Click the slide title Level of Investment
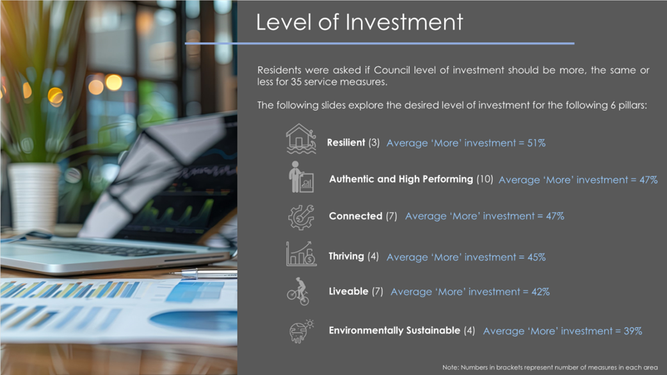tap(360, 22)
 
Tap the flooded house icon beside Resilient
tap(301, 139)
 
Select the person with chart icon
tap(301, 177)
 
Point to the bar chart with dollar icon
tap(301, 254)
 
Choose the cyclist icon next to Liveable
tap(298, 292)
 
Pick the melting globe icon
tap(301, 331)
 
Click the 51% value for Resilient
tap(536, 143)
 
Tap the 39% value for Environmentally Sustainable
tap(633, 331)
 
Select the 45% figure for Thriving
tap(536, 257)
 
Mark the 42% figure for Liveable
tap(541, 292)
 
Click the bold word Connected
tap(356, 216)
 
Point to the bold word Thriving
tap(346, 257)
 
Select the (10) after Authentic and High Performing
tap(485, 179)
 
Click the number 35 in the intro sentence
tap(296, 82)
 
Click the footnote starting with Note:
tap(550, 367)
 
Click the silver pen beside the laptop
tap(204, 273)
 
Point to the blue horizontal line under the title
tap(380, 44)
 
